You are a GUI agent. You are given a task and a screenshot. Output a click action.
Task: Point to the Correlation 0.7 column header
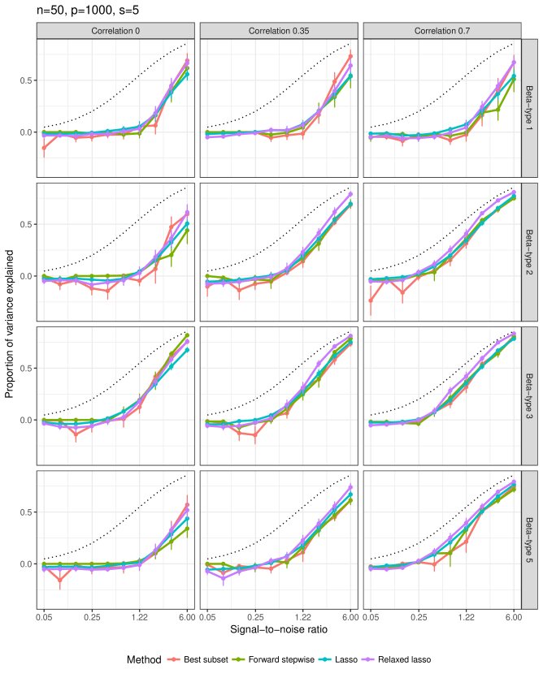pos(441,31)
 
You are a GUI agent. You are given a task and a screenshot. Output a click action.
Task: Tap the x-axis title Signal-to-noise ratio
pos(279,628)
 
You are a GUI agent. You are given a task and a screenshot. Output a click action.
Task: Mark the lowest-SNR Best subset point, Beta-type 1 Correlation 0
pos(44,148)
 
